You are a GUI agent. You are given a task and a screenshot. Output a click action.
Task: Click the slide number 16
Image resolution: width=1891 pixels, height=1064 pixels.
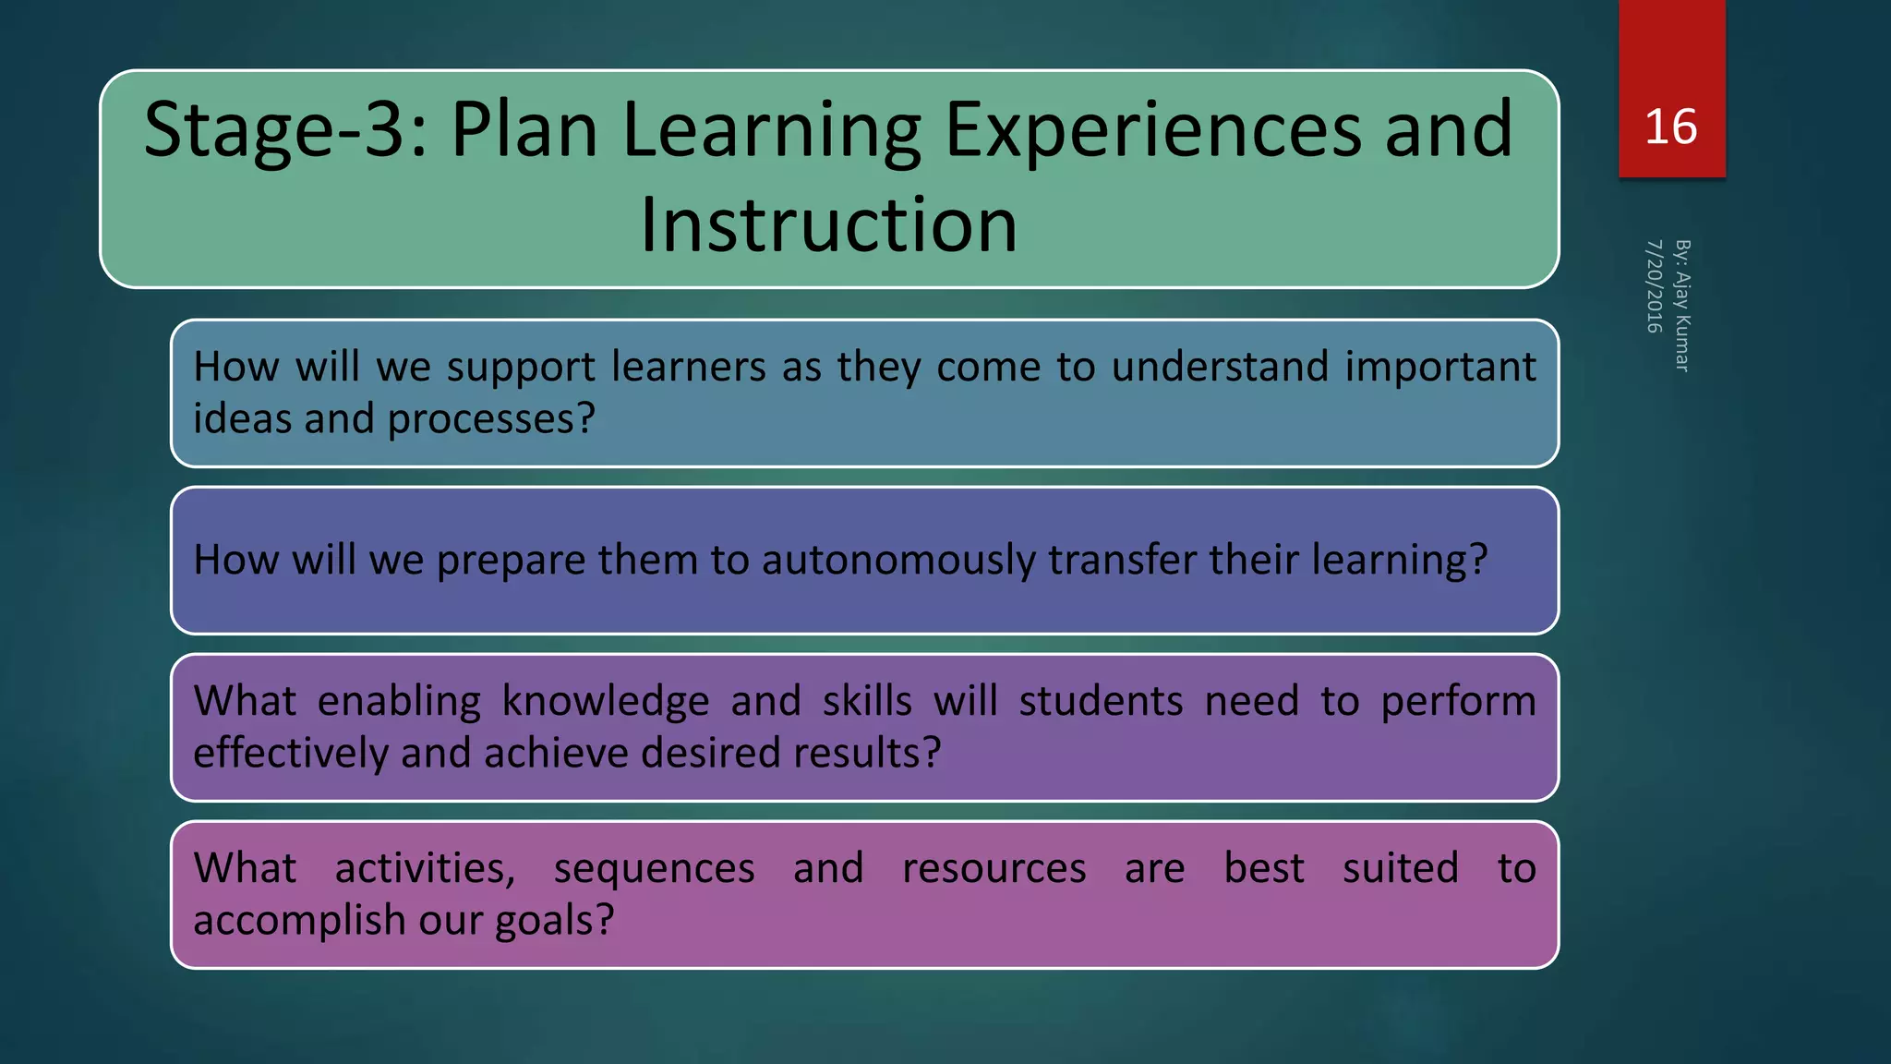coord(1670,127)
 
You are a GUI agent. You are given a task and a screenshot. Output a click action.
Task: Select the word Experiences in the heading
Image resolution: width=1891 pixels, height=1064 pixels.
coord(1152,130)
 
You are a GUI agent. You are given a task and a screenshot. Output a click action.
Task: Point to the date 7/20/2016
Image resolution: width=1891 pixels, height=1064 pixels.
coord(1654,286)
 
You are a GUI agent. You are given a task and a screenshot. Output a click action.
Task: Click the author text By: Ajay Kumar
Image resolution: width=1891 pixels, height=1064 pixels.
coord(1682,306)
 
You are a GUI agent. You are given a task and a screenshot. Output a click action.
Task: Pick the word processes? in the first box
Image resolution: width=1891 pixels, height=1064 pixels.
coord(491,419)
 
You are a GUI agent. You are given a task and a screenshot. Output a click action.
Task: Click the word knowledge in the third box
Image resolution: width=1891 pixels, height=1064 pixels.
coord(605,701)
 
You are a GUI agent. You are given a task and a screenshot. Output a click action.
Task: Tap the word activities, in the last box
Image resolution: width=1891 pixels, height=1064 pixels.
coord(425,869)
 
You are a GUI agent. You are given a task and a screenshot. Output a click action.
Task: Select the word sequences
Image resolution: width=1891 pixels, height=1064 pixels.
coord(654,869)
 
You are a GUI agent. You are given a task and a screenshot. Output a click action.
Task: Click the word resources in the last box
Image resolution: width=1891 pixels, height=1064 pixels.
coord(994,869)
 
